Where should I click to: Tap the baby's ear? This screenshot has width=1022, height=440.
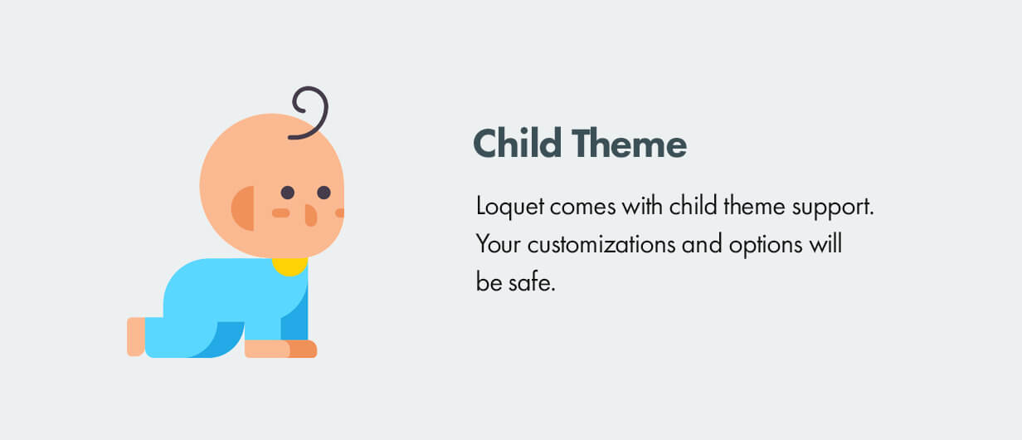pyautogui.click(x=243, y=208)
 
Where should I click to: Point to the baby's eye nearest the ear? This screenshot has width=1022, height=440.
pyautogui.click(x=287, y=193)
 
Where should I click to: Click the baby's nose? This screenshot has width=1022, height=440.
pyautogui.click(x=310, y=215)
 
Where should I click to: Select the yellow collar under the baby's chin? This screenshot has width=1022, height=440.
pyautogui.click(x=290, y=266)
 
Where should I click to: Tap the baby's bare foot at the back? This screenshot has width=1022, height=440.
pyautogui.click(x=135, y=336)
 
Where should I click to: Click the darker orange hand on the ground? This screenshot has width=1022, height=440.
pyautogui.click(x=302, y=350)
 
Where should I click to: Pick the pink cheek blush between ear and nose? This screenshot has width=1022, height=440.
pyautogui.click(x=280, y=213)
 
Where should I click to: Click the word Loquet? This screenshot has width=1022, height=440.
pyautogui.click(x=510, y=207)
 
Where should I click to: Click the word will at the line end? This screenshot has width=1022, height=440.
pyautogui.click(x=826, y=244)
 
